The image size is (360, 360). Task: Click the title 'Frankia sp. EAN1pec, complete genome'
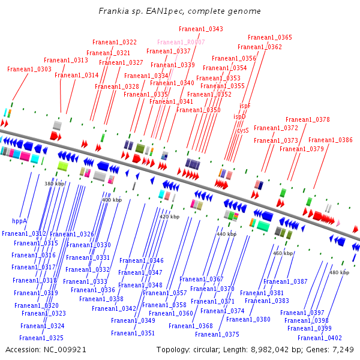179,11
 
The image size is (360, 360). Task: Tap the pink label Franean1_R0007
181,43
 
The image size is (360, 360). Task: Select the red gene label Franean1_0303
29,70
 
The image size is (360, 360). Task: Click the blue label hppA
19,221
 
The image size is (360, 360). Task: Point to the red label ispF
245,106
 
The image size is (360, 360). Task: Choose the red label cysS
242,130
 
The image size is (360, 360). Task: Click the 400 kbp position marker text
111,200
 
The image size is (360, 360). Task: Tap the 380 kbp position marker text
55,184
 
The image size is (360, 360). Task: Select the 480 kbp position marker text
339,272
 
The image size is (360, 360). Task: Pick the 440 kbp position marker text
226,234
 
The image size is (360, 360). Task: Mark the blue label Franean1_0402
319,338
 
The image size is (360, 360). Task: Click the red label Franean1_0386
330,140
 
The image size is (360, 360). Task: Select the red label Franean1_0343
200,29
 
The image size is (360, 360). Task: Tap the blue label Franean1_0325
41,338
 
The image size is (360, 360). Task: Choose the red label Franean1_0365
269,38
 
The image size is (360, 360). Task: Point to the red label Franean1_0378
307,120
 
